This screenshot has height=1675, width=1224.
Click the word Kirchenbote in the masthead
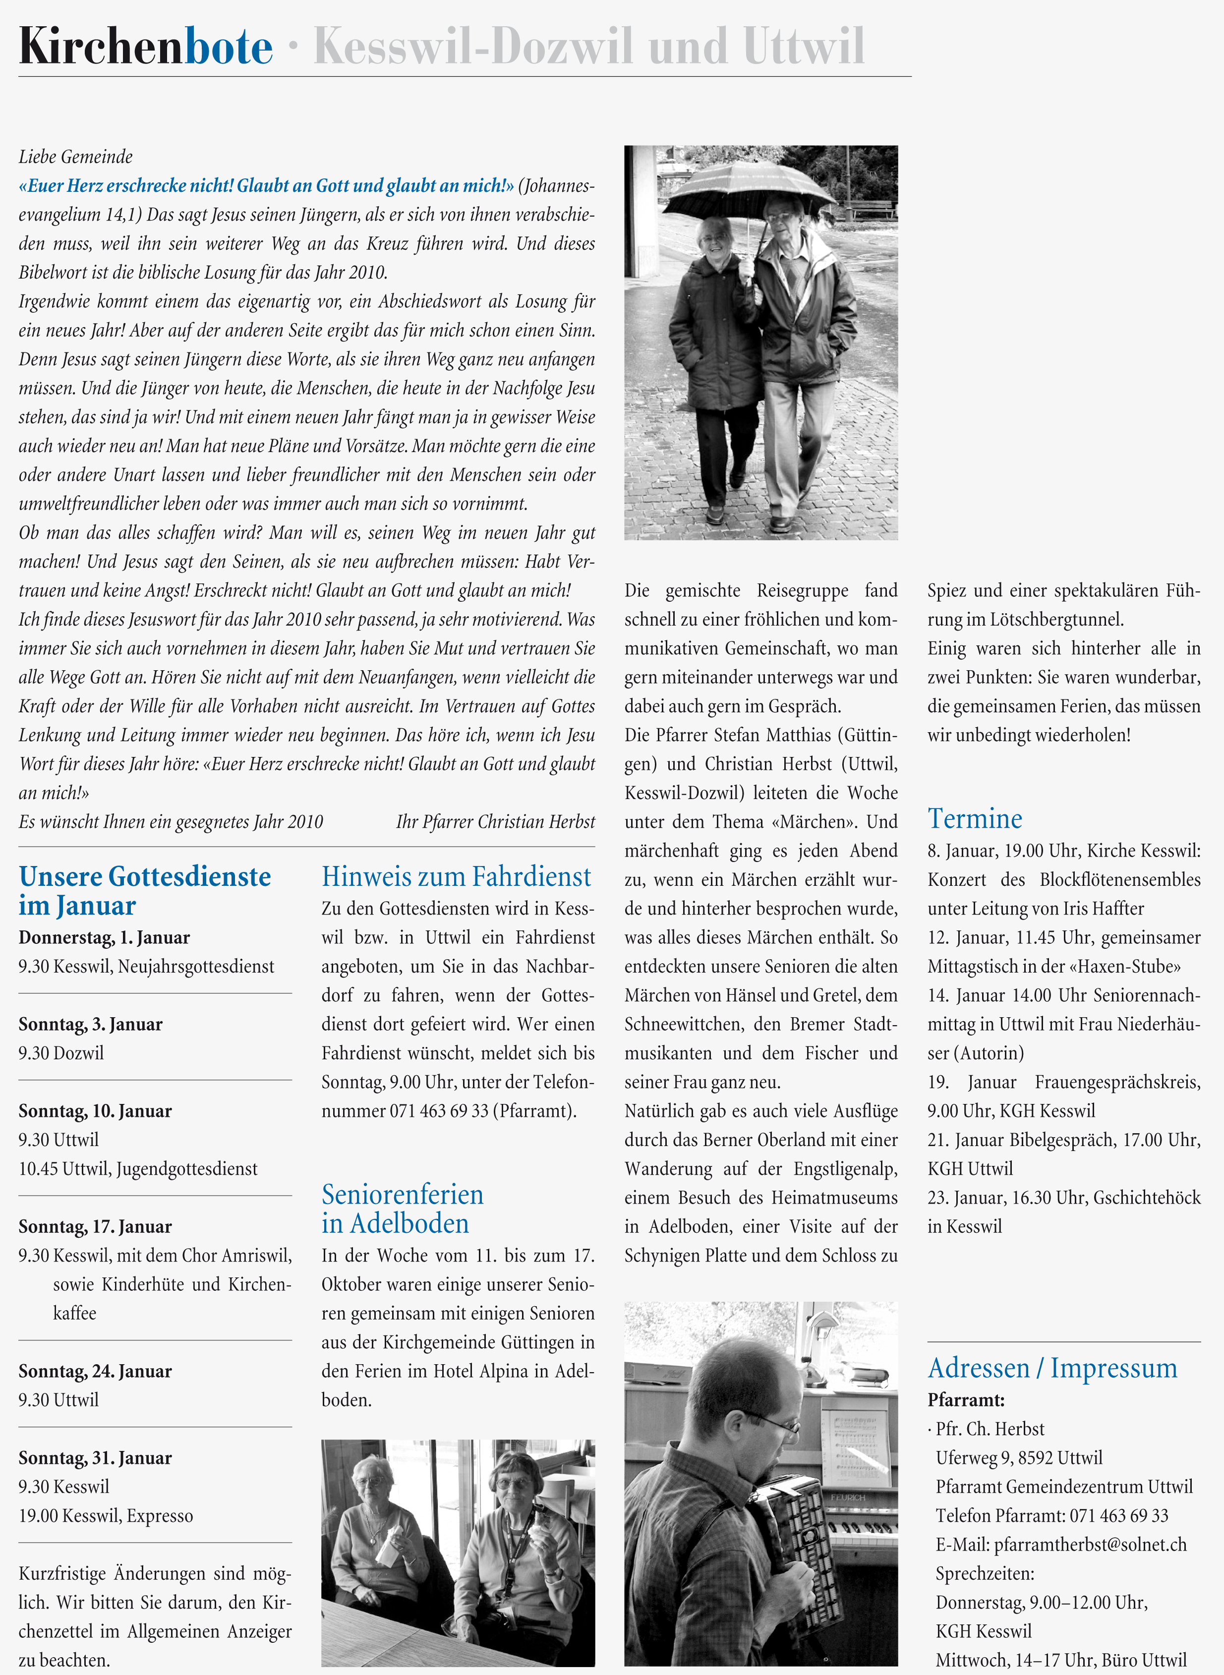coord(145,47)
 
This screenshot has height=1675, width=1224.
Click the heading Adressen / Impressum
coord(1052,1368)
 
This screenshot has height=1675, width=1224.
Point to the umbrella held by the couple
coord(756,185)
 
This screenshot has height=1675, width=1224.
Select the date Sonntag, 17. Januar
coord(95,1227)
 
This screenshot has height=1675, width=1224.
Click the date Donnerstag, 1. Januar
coord(104,938)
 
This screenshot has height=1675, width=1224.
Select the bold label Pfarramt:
coord(965,1400)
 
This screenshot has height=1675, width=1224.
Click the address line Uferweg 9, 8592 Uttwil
coord(1019,1458)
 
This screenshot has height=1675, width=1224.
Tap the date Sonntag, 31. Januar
coord(95,1458)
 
